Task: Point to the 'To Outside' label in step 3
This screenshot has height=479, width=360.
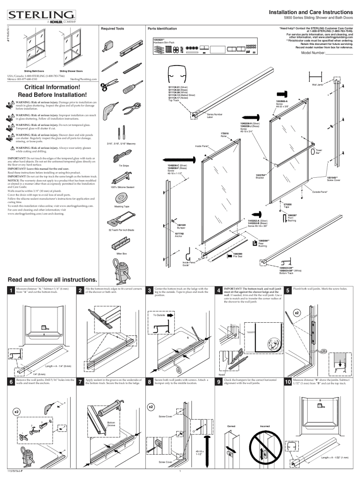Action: (160, 315)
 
